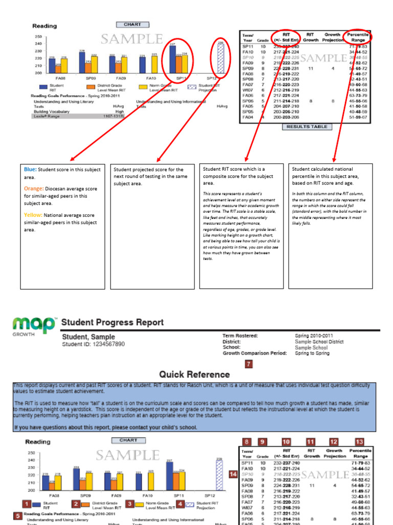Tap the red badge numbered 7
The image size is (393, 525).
(x=249, y=364)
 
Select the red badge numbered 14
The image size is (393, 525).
(x=233, y=475)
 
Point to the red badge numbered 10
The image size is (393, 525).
(x=286, y=441)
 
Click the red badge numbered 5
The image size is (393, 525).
(x=18, y=516)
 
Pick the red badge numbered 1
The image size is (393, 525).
(x=27, y=504)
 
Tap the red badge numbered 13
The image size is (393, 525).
(x=359, y=441)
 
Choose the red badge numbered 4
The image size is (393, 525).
(x=180, y=504)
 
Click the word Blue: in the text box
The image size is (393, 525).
(x=30, y=169)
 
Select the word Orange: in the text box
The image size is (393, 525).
(x=34, y=189)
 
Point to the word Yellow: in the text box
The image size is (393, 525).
(x=33, y=215)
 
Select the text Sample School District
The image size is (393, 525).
(x=319, y=341)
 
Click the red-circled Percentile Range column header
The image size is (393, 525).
(x=358, y=37)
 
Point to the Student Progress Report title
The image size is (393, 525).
(x=113, y=322)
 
